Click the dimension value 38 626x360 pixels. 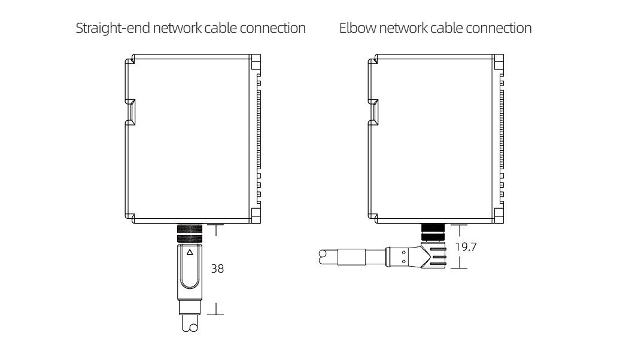click(218, 269)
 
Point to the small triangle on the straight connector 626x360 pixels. click(190, 252)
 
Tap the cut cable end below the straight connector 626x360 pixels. click(189, 327)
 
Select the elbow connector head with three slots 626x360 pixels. click(433, 256)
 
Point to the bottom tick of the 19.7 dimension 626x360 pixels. click(458, 268)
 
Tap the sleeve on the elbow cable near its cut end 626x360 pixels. click(350, 257)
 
